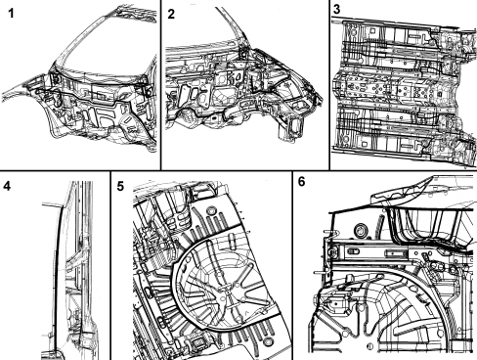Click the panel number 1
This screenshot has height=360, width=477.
[11, 14]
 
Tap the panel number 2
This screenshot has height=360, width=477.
[171, 14]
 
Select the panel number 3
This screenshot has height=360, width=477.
[336, 9]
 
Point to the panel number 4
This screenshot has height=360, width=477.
[7, 186]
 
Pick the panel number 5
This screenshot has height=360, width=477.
[120, 186]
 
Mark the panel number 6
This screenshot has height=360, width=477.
[302, 182]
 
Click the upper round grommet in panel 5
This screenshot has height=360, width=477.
[212, 210]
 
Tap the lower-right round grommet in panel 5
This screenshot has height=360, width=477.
[268, 341]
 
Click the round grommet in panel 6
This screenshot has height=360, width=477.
[362, 230]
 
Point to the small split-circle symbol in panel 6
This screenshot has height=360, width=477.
[369, 346]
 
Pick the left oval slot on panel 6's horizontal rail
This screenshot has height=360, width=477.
[354, 251]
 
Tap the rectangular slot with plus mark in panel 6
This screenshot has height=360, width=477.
[393, 253]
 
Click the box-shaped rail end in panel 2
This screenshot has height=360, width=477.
[292, 129]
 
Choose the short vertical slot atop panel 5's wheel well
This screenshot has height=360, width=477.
[232, 241]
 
